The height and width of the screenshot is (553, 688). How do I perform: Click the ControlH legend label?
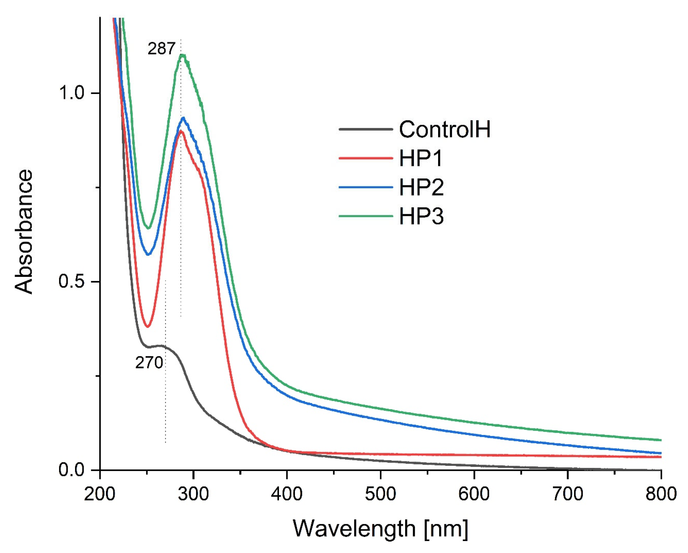[x=444, y=129]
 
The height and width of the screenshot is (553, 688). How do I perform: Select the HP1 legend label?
[x=421, y=158]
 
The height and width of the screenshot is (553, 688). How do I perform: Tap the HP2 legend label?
[x=421, y=187]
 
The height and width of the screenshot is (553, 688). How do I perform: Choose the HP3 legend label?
[x=421, y=216]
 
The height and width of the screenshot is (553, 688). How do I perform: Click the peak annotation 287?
[x=161, y=49]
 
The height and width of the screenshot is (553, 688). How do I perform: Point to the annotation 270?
[x=149, y=363]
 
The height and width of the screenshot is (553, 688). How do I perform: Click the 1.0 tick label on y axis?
[x=71, y=93]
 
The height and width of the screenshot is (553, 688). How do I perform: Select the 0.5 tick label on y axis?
[x=71, y=281]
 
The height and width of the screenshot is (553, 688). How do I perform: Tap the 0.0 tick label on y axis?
[x=71, y=470]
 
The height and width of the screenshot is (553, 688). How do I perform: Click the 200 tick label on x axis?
[x=100, y=494]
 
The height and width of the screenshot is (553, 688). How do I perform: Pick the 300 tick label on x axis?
[x=193, y=494]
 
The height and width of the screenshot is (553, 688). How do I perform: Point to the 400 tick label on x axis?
[x=287, y=494]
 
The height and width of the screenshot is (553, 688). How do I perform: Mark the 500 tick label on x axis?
[x=380, y=494]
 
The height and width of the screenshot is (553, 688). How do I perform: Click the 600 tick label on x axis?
[x=474, y=494]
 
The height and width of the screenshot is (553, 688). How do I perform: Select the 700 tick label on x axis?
[x=567, y=494]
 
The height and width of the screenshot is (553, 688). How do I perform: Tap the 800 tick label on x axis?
[x=661, y=494]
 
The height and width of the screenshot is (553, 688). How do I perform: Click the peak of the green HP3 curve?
[x=183, y=55]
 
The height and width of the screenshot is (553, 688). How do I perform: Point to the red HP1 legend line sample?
[x=365, y=158]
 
